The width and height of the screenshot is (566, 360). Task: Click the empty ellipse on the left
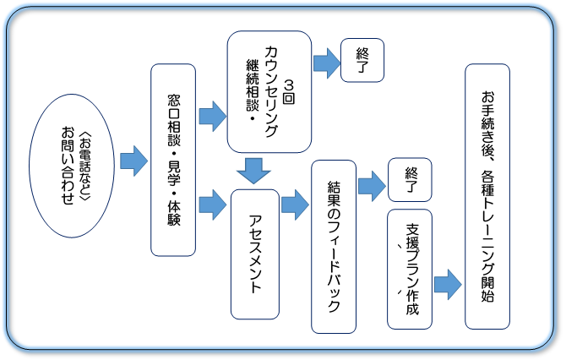[x=71, y=164]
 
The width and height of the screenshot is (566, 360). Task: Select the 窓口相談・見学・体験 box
[x=173, y=160]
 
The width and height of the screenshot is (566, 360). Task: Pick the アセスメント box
[x=256, y=254]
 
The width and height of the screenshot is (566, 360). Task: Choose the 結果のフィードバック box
[x=333, y=246]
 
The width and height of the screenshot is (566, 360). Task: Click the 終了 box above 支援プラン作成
[x=411, y=180]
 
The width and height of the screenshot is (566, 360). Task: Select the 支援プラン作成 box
[x=410, y=270]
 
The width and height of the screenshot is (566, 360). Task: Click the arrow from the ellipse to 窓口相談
[x=133, y=161]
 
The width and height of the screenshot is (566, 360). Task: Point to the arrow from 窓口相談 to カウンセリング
[x=212, y=112]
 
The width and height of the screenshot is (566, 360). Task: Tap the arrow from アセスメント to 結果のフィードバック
[x=295, y=204]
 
